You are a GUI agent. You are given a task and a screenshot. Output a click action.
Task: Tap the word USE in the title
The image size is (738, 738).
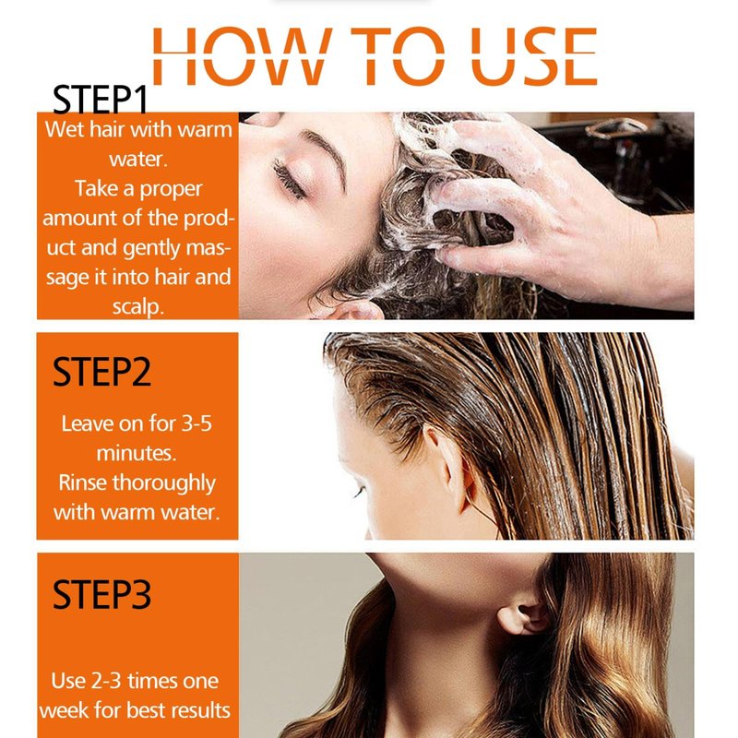coord(534,56)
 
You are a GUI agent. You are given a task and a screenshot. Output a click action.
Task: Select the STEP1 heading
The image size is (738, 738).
coord(101,100)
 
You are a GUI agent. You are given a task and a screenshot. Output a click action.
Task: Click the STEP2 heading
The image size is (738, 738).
coord(101,372)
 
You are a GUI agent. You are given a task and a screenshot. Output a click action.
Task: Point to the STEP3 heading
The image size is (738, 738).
coord(101,594)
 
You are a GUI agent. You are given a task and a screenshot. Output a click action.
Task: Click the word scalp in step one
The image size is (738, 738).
coord(137,307)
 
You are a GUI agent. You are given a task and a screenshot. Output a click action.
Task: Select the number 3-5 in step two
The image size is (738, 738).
coord(196,423)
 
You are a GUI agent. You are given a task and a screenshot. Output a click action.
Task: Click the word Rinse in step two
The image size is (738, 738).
coord(82,482)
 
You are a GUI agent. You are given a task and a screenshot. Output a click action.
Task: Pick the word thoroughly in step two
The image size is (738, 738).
coord(164,483)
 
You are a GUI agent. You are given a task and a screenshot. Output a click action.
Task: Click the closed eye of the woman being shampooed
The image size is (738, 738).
coord(289,179)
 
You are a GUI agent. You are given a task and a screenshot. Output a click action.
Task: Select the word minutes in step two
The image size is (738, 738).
coord(137,453)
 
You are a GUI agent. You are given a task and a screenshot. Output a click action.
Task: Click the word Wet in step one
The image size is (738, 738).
coord(65,129)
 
